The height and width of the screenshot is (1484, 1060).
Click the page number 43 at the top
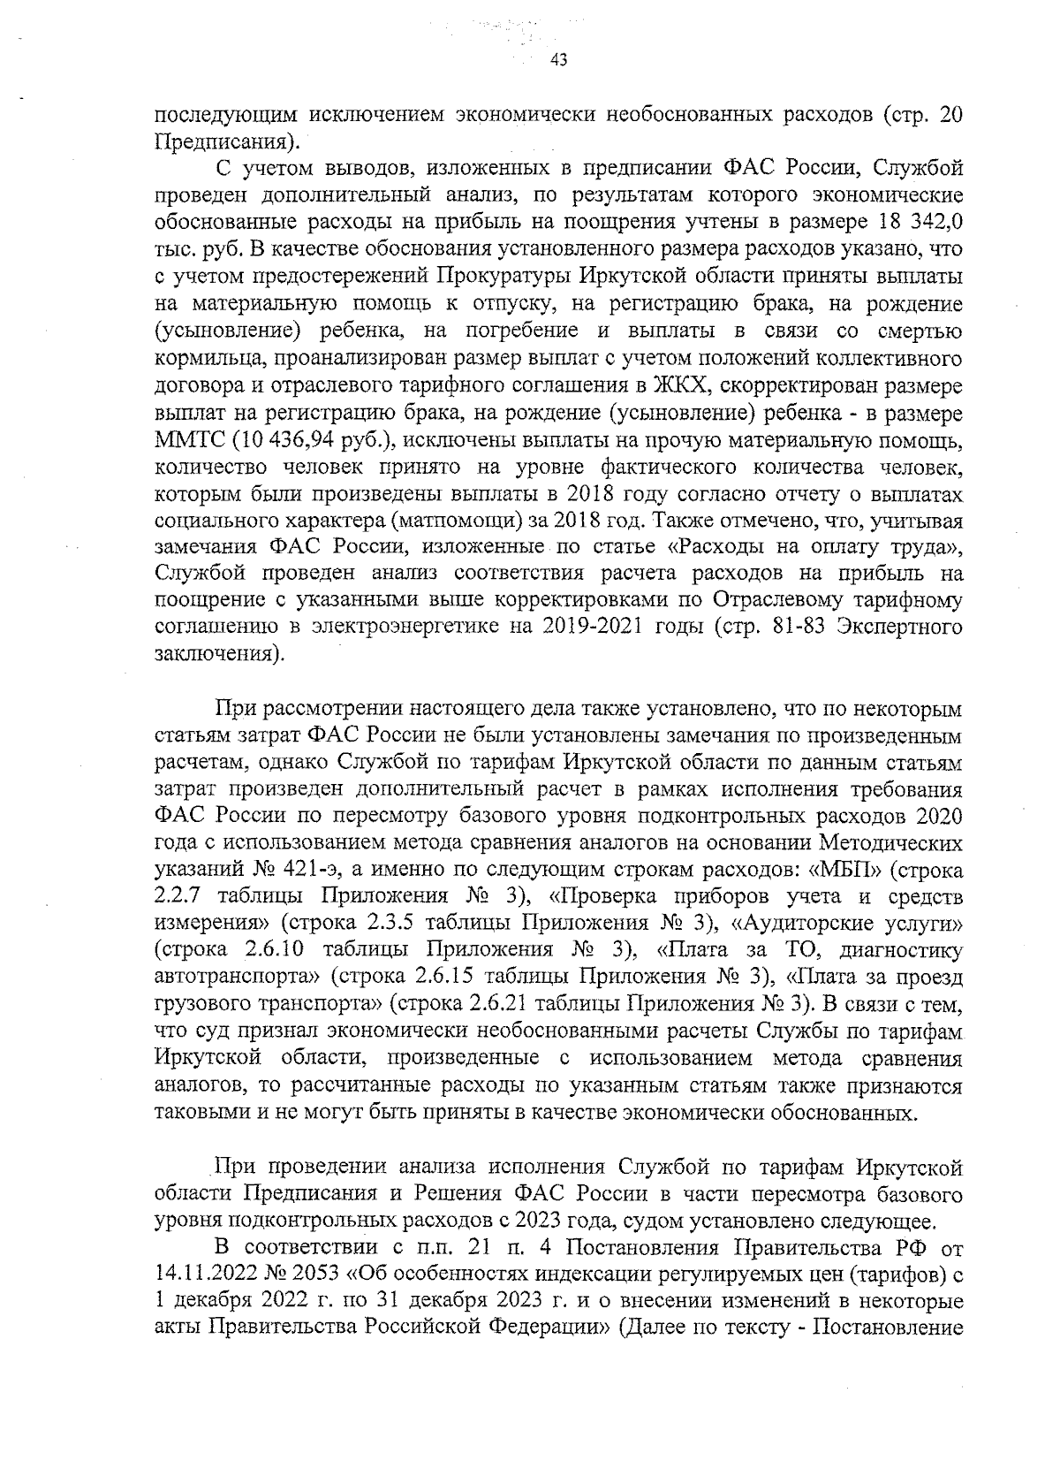pyautogui.click(x=557, y=60)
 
